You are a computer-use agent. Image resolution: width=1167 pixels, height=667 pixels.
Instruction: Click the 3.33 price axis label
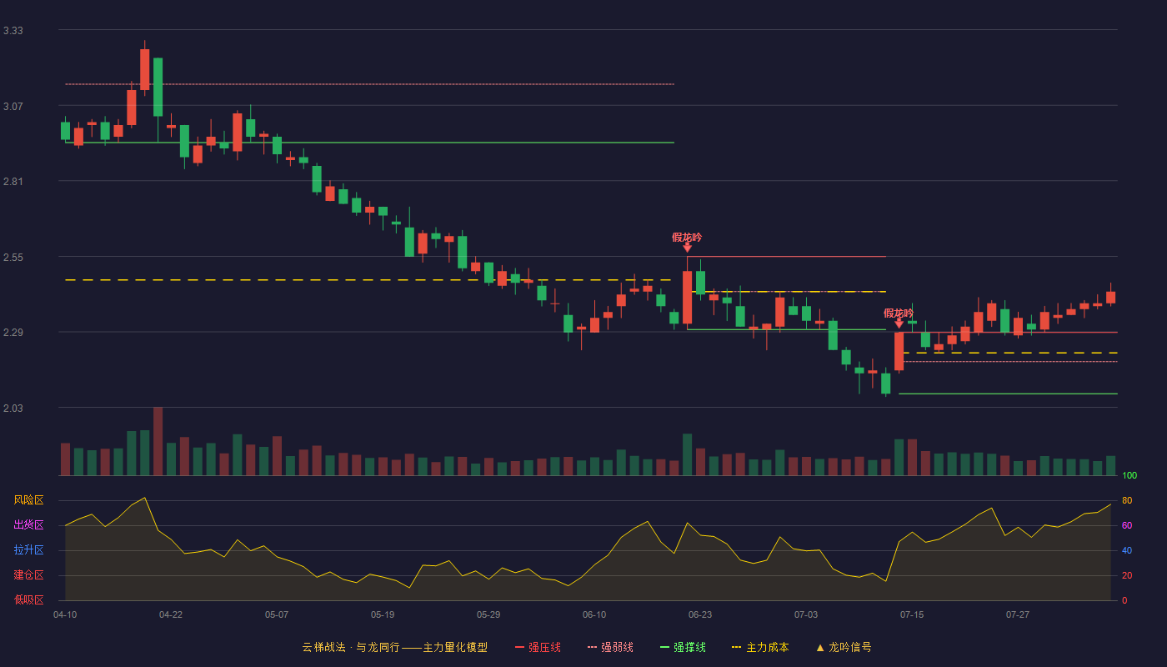13,31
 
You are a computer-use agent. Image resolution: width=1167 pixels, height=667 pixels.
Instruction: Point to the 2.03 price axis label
13,408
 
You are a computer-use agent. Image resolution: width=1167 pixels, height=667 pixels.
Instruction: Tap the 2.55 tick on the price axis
13,258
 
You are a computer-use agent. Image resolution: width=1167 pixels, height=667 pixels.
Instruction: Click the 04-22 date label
171,615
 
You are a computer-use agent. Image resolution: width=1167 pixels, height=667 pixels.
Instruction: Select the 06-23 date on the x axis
699,615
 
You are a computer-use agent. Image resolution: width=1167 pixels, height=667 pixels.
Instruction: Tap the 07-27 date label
1018,615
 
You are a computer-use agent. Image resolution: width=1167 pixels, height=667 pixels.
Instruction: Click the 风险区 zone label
28,500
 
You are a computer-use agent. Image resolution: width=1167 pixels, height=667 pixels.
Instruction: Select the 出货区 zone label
28,524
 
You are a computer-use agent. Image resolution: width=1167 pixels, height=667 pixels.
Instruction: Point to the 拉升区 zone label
28,549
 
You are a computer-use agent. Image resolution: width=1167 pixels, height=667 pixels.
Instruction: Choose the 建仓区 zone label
28,574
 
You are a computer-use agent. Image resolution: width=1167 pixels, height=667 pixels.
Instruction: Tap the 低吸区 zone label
28,599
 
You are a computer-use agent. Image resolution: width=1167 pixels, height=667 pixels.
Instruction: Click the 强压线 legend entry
538,647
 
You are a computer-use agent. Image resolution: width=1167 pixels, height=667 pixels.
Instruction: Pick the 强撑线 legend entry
683,647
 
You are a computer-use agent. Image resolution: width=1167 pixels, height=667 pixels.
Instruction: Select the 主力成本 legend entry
760,647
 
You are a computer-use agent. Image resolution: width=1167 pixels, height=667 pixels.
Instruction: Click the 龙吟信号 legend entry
844,647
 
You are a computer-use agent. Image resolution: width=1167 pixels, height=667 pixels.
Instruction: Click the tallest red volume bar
158,441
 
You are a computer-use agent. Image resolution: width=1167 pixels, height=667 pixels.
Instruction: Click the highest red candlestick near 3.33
145,69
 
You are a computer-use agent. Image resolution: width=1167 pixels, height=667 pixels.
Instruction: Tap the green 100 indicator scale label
1129,475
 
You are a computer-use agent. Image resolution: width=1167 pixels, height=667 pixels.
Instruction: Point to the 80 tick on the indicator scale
1127,500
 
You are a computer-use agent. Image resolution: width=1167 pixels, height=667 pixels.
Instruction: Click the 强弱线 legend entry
610,647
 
